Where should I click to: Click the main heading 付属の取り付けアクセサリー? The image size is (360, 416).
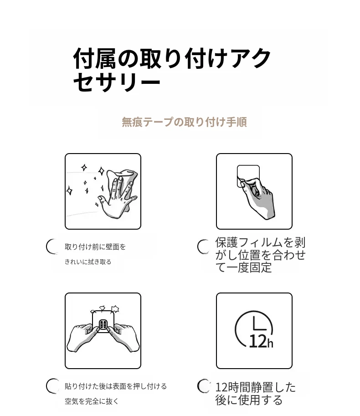pyautogui.click(x=172, y=70)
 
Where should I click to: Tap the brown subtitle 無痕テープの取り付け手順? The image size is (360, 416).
pyautogui.click(x=185, y=122)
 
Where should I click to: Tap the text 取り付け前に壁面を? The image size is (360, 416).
pyautogui.click(x=95, y=247)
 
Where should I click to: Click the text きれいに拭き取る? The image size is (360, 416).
pyautogui.click(x=88, y=262)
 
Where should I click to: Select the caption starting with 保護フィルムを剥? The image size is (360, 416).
pyautogui.click(x=261, y=255)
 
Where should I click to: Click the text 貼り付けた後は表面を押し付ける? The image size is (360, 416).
pyautogui.click(x=116, y=386)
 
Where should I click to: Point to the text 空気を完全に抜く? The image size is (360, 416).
pyautogui.click(x=92, y=401)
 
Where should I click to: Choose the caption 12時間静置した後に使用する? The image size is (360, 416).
pyautogui.click(x=256, y=394)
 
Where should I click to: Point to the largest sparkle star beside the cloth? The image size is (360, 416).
pyautogui.click(x=70, y=190)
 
